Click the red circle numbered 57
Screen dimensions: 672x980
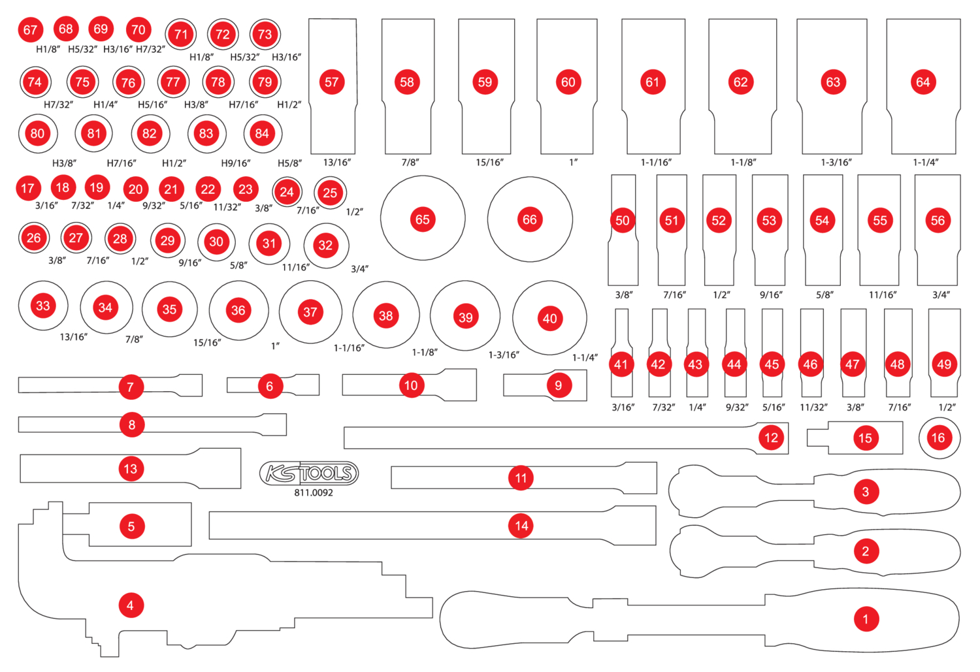[332, 82]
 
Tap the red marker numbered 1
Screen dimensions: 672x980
[866, 618]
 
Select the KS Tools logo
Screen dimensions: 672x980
[309, 473]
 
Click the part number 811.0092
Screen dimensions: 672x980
[314, 493]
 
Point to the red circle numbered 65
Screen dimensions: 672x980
[423, 219]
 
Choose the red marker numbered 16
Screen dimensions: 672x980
[938, 438]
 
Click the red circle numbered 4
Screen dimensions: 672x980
[130, 605]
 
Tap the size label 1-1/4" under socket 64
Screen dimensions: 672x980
[925, 163]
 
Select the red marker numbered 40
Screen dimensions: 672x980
[550, 319]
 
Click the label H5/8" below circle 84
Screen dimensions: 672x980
[289, 163]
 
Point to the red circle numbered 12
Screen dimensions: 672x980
[772, 438]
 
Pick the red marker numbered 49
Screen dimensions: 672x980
[944, 364]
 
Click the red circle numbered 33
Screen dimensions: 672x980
[43, 306]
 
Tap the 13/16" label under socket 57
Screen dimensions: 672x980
[337, 163]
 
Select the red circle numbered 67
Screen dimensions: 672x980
[30, 30]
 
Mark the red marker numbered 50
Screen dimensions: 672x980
[622, 221]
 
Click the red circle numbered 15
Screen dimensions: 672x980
[865, 438]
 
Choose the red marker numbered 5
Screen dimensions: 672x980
[131, 526]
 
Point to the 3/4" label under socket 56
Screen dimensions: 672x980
[941, 295]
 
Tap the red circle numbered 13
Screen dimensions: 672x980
[131, 468]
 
